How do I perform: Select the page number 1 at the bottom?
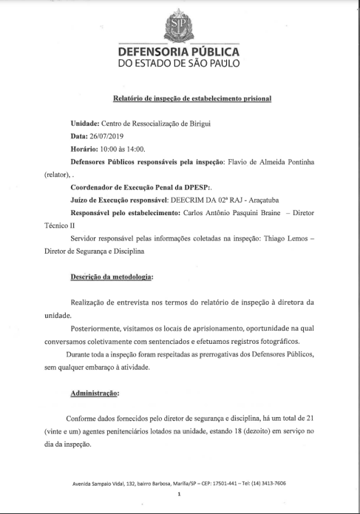(x=180, y=494)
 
